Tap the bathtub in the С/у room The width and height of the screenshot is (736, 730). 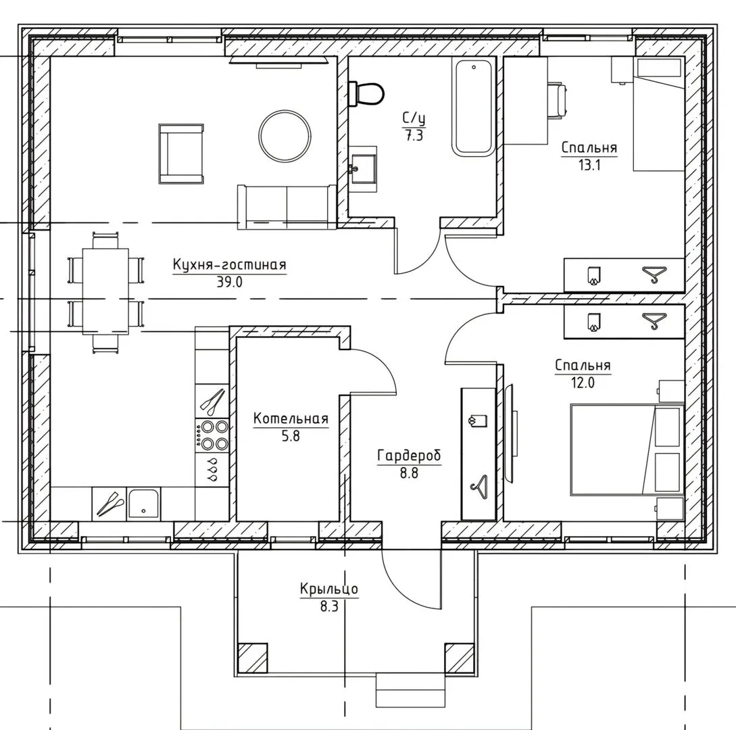pos(474,107)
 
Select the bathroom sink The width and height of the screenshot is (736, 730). pos(363,168)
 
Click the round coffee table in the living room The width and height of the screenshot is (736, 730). pos(285,137)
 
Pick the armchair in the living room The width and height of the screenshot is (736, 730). pos(181,154)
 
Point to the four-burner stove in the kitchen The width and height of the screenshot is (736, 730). pos(212,435)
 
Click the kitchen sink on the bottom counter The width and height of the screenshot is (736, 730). pos(143,504)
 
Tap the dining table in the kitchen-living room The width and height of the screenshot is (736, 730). pos(105,291)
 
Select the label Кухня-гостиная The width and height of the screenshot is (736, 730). pos(230,265)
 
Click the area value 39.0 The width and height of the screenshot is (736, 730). pos(230,282)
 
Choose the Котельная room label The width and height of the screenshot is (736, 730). pos(291,419)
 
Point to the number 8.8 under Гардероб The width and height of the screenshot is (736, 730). pos(409,473)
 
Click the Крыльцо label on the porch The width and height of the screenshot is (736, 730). pos(329,589)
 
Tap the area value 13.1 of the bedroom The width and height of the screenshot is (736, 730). pos(589,165)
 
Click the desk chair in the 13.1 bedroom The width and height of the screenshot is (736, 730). pos(558,101)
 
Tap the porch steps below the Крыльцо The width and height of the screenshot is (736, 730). pos(410,689)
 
